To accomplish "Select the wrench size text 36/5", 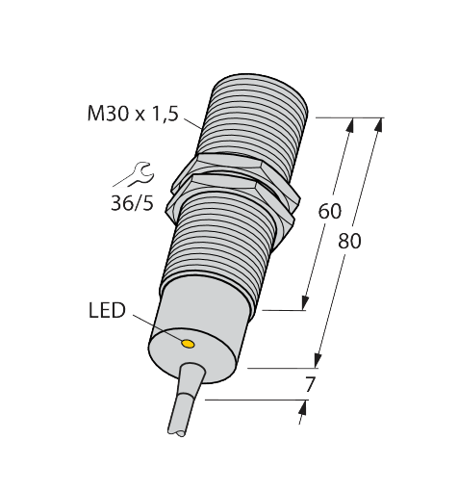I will click(x=132, y=203).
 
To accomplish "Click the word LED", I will click(x=107, y=311).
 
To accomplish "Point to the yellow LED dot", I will click(x=189, y=343).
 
